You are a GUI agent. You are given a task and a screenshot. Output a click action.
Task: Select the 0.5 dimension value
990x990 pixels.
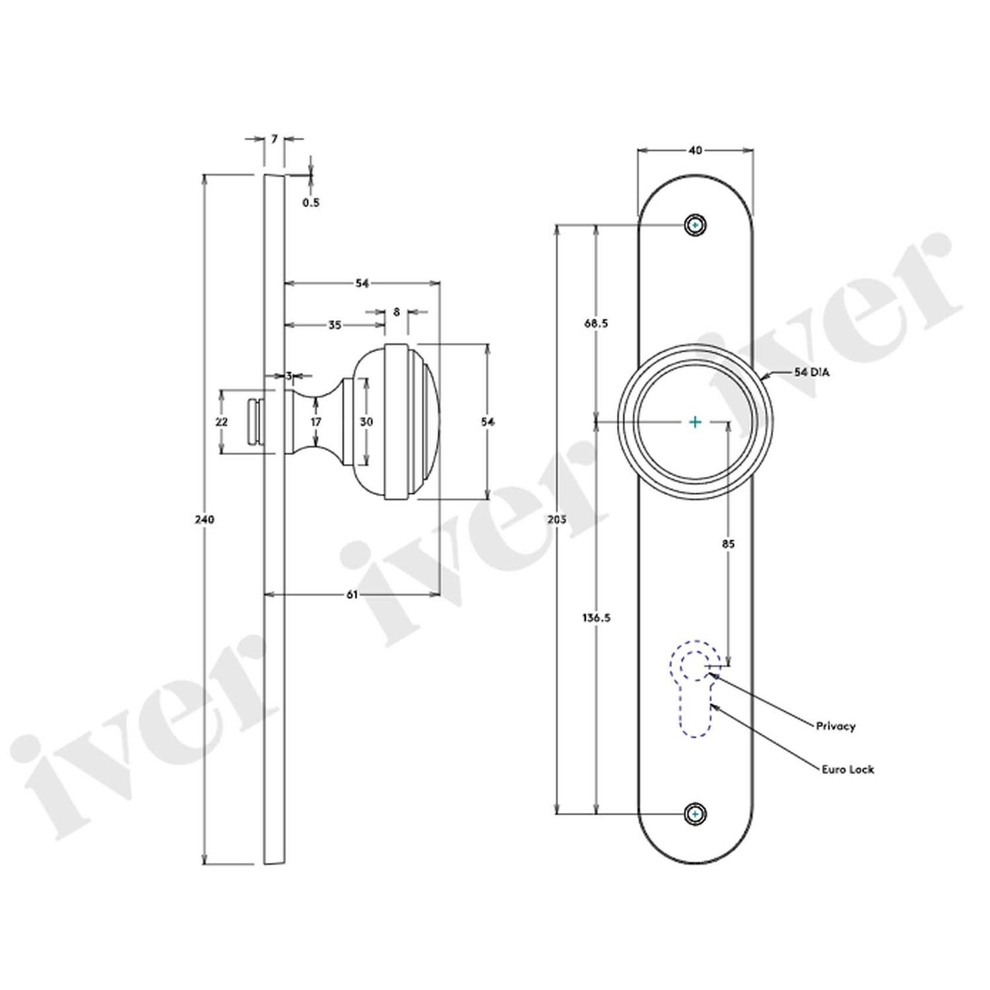[x=311, y=203]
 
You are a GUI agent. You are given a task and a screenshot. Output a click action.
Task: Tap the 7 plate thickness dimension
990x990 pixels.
[x=274, y=139]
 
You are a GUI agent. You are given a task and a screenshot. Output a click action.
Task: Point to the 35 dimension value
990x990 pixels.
[x=334, y=325]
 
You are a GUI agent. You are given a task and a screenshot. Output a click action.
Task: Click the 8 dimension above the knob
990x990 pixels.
[x=396, y=311]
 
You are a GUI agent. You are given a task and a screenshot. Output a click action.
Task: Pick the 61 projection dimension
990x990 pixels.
[x=351, y=595]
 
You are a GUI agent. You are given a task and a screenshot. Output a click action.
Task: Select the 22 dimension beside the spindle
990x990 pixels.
[x=222, y=422]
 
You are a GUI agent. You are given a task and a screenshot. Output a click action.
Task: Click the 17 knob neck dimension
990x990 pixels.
[x=316, y=422]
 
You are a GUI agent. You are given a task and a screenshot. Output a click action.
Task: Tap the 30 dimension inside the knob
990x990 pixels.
[x=366, y=422]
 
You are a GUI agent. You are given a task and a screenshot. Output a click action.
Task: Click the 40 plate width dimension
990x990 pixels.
[x=695, y=151]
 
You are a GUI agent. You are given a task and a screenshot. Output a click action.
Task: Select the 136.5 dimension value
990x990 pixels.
[x=597, y=618]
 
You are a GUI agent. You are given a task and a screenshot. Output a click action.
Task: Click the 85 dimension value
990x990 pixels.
[x=728, y=544]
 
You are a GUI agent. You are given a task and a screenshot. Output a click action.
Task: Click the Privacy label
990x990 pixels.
[x=835, y=726]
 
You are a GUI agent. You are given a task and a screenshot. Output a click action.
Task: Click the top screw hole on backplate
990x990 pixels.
[x=696, y=226]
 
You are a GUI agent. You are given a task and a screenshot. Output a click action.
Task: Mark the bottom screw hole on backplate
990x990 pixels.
[x=696, y=814]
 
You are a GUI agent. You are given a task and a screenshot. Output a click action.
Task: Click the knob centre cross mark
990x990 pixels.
[x=695, y=422]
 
